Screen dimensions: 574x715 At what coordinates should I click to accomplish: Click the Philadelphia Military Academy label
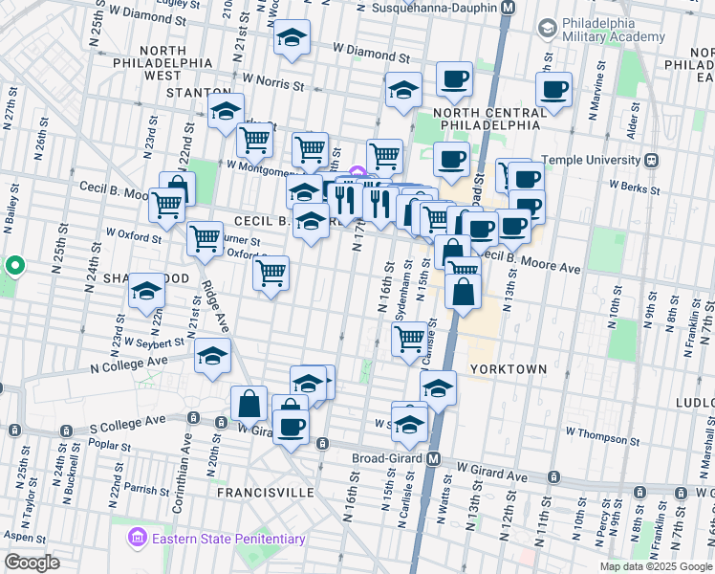[612, 30]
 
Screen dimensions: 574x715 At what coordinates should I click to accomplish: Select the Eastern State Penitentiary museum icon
[139, 539]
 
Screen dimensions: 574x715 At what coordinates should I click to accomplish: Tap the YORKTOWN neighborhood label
[508, 368]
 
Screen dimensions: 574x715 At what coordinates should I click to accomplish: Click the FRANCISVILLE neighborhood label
[265, 492]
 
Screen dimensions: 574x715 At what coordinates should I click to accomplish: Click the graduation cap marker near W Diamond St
[292, 38]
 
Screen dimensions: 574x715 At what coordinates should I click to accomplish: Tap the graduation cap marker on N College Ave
[212, 357]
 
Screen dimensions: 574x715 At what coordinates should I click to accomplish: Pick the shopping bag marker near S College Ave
[249, 403]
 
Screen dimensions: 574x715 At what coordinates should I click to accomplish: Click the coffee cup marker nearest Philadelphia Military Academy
[553, 91]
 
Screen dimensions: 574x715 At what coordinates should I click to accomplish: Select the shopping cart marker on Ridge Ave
[205, 239]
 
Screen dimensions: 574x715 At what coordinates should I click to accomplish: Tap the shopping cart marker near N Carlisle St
[410, 338]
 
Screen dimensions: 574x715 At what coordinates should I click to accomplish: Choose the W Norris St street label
[272, 83]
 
